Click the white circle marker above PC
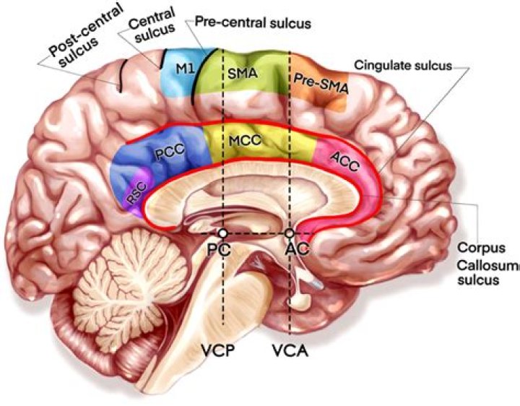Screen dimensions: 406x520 (x=222, y=233)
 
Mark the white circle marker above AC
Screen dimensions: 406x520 (x=290, y=233)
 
